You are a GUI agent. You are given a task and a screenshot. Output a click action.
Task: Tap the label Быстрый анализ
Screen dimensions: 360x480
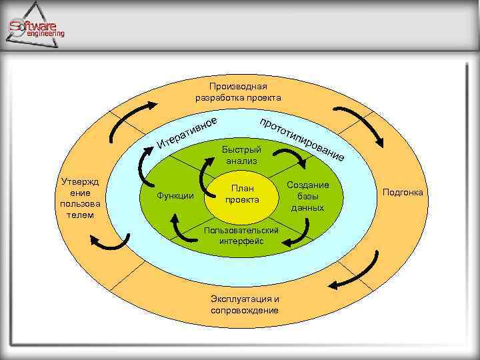(242, 155)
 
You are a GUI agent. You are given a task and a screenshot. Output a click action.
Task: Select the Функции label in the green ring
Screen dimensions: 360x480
(175, 195)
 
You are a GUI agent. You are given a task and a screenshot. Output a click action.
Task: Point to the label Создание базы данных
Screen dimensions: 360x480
(308, 196)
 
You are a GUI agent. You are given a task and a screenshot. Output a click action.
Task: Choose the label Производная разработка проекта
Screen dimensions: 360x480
(238, 92)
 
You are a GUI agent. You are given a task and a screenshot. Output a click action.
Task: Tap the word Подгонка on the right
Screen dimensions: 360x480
(403, 193)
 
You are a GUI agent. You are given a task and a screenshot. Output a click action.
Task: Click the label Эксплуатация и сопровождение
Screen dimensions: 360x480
(245, 304)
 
